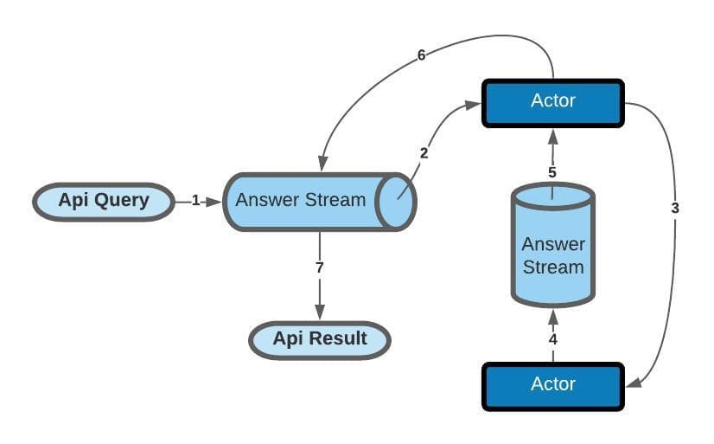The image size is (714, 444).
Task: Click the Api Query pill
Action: click(x=103, y=202)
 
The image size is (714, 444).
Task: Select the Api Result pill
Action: click(x=320, y=338)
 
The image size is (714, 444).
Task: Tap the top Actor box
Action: click(x=552, y=101)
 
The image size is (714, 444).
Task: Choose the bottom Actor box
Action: click(x=552, y=384)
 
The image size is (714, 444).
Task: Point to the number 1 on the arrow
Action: click(x=195, y=201)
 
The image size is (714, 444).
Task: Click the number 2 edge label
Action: click(x=424, y=153)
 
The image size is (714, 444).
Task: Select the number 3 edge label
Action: click(x=675, y=208)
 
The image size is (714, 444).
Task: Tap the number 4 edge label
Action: click(x=552, y=339)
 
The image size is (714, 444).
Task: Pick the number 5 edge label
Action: click(x=552, y=172)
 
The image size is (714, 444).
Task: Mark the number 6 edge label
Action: click(x=421, y=55)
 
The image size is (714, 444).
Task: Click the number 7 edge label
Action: click(x=320, y=268)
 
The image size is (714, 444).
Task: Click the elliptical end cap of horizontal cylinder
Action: click(x=398, y=201)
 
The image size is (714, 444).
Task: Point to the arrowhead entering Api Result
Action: click(x=320, y=313)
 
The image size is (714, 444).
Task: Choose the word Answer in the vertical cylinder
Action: click(x=552, y=244)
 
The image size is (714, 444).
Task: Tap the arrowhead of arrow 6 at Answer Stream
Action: click(x=322, y=164)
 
